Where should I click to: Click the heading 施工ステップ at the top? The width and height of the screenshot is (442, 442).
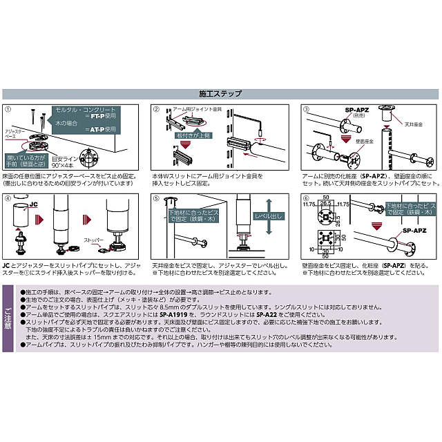pos(221,94)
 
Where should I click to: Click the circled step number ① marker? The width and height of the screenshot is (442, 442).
pos(9,109)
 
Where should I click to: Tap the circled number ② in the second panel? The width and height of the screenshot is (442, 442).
pos(156,109)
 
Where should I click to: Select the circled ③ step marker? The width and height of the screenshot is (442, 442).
pos(305,109)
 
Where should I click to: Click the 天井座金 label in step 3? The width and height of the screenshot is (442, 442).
pos(414,125)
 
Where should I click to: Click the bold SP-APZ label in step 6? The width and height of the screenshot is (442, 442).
pos(417,232)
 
